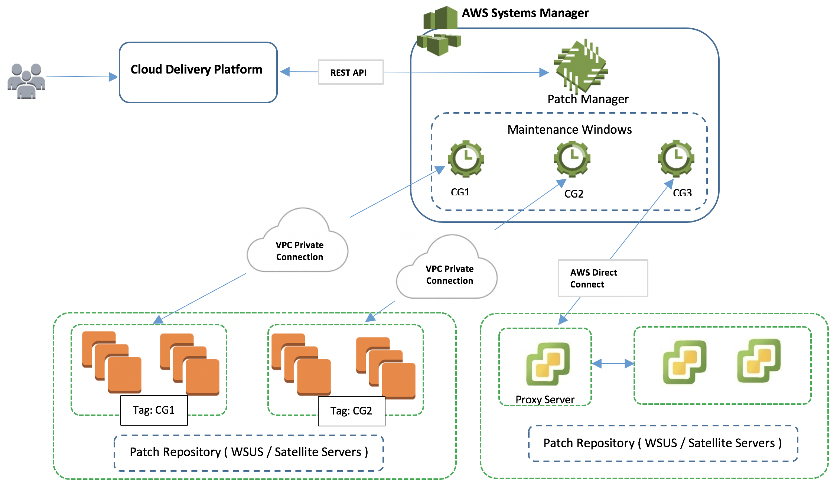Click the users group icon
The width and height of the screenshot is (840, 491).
tap(26, 81)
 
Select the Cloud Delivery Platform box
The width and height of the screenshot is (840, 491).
tap(198, 72)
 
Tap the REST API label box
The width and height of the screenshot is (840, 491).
tap(351, 72)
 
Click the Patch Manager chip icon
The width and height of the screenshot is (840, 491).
tap(581, 66)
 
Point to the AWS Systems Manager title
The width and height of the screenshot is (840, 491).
tap(525, 13)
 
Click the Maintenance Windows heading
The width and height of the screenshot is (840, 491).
tap(569, 130)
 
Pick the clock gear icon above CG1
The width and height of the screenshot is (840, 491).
tap(466, 159)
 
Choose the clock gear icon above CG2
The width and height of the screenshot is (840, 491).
tap(572, 159)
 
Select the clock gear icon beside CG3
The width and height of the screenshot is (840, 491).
tap(676, 158)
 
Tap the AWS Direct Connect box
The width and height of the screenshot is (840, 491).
tap(603, 278)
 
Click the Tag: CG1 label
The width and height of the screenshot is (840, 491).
tap(154, 410)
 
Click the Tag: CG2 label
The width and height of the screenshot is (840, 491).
tap(351, 411)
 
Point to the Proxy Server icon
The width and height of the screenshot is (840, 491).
tap(548, 364)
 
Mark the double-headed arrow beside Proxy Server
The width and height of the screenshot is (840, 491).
tap(613, 364)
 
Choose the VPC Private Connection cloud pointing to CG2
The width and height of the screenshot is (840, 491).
tap(448, 269)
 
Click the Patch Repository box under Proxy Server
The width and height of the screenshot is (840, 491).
tap(663, 443)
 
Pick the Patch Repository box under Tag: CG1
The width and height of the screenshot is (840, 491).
tap(249, 452)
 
